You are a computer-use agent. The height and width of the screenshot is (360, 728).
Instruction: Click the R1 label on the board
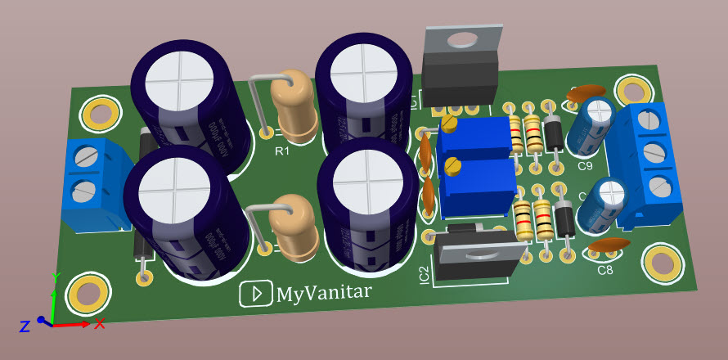281,151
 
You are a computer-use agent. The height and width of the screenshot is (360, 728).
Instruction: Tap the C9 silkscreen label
585,166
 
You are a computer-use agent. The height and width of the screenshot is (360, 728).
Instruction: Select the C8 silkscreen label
605,270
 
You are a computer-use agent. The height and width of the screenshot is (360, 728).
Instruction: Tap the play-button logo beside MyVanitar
256,294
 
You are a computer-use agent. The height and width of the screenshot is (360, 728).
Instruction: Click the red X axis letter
100,324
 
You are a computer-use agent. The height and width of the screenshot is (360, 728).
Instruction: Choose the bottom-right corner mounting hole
661,262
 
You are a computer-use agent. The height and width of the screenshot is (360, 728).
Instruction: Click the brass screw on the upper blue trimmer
449,124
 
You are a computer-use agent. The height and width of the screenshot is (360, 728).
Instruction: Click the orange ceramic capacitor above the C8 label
609,244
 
